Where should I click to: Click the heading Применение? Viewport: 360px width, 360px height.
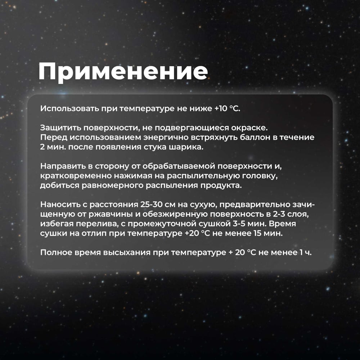tap(123, 72)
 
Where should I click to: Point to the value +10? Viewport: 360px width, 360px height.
tap(221, 109)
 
